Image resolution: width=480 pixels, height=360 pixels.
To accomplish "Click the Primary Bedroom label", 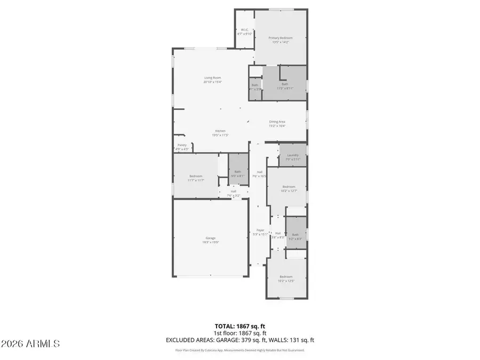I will point(281,38).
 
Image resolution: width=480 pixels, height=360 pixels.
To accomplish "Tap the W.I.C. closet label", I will point(244,29).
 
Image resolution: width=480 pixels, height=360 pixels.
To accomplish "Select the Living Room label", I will point(212,78).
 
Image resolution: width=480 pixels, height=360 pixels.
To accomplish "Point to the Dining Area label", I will point(277,122).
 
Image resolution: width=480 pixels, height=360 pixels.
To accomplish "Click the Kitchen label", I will point(220,131).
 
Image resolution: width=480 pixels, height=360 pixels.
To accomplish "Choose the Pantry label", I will point(182,145).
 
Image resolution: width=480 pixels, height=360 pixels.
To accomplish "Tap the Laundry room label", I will point(293,155).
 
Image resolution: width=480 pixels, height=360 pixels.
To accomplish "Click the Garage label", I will point(211,238).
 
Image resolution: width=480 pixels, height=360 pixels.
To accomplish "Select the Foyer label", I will point(260,230).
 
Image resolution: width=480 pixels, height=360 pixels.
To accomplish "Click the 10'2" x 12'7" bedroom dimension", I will point(288,190).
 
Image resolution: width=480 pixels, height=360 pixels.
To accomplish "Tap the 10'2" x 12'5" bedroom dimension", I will point(286,281).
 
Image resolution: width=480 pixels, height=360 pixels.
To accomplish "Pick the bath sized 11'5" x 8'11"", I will point(285,88).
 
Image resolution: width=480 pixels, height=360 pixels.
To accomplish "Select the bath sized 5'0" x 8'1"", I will point(237,175).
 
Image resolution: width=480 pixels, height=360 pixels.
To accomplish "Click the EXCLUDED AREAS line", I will point(240,339).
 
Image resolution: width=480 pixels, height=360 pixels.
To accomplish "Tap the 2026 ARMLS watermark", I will point(30,343).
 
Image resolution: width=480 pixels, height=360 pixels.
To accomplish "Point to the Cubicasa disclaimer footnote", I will point(240,350).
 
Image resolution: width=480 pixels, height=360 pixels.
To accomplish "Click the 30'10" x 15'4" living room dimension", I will point(212,82).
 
